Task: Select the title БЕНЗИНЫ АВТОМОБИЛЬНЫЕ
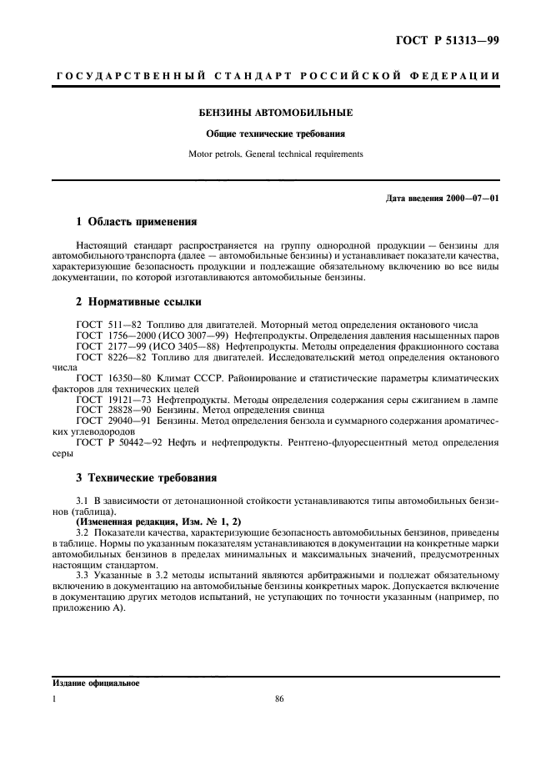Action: (x=275, y=112)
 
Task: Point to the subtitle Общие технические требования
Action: (x=275, y=134)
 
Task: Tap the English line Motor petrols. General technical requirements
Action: (x=275, y=154)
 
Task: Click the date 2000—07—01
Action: (x=473, y=197)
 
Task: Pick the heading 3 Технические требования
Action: (x=147, y=478)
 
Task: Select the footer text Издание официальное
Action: (x=93, y=683)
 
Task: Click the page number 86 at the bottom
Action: (x=279, y=699)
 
